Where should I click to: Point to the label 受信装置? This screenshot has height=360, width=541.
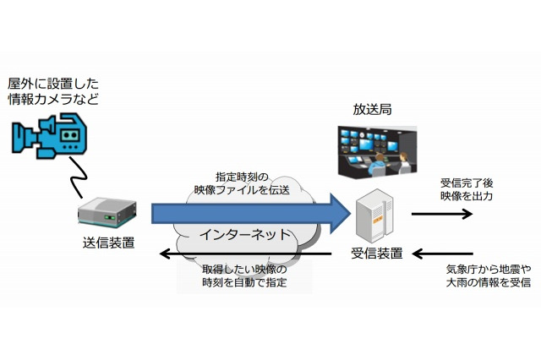click(376, 253)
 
